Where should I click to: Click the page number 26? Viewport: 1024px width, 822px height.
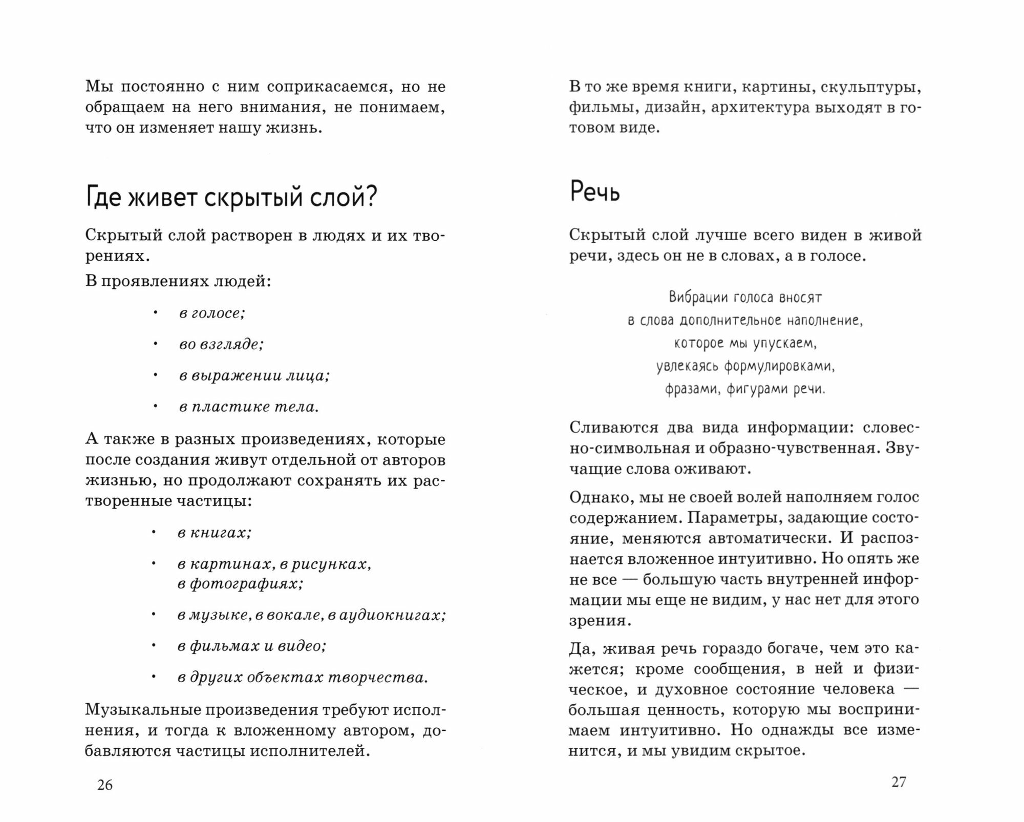coord(105,785)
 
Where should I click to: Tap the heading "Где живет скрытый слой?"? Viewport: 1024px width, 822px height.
coord(231,197)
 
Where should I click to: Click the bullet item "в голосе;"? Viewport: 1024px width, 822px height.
coord(212,313)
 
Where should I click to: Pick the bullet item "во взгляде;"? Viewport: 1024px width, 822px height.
coord(221,344)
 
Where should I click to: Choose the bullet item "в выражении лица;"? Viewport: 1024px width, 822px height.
coord(254,375)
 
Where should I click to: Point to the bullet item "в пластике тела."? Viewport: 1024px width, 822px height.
coord(249,407)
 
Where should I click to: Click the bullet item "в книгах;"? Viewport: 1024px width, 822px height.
coord(215,533)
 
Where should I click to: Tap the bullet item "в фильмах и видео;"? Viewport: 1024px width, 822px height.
coord(252,646)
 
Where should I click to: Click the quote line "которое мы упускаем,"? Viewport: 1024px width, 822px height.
coord(745,343)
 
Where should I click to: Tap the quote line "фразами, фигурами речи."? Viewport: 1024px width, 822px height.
coord(745,389)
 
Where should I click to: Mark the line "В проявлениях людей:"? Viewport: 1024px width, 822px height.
coord(178,281)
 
